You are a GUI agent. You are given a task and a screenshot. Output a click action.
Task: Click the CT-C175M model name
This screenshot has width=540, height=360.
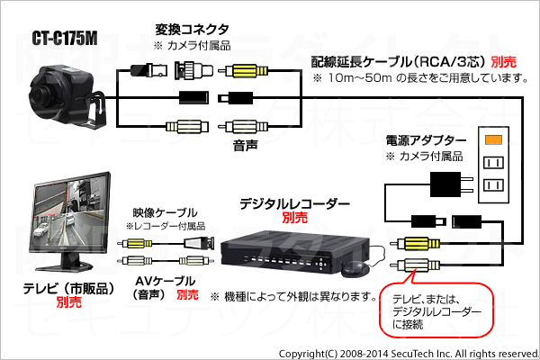point(65,38)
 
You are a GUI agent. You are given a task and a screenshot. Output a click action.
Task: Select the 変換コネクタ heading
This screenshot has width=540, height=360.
point(192,30)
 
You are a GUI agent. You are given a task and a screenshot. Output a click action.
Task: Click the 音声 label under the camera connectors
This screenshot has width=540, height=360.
point(245,146)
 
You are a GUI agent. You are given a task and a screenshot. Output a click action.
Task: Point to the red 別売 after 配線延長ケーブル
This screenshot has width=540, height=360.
point(503,62)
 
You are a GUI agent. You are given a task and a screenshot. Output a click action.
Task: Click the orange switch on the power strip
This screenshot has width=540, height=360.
point(493,139)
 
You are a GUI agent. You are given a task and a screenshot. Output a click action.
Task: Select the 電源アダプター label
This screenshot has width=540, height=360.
point(426,140)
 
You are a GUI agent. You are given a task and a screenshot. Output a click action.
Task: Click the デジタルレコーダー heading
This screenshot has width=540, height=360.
point(295,204)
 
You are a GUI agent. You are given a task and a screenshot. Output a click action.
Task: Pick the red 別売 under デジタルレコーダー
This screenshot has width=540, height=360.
point(295,218)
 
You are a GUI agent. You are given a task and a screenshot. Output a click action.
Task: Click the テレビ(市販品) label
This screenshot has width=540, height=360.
point(69,288)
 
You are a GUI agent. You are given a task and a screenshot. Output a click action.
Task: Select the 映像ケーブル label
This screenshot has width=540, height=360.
point(165,213)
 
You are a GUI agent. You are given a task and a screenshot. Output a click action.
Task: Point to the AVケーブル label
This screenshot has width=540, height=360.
point(165,282)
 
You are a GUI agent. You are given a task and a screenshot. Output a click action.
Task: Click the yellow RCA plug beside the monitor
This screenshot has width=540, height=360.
point(137,244)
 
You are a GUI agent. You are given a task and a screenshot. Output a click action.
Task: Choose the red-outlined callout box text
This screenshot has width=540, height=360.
point(436,311)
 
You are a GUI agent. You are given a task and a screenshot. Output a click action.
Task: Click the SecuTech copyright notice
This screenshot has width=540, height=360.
point(409,354)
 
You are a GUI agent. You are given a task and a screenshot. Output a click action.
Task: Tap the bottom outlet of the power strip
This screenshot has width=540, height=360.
point(493,185)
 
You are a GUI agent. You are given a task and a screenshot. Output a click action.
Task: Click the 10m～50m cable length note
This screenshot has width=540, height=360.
point(420,78)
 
